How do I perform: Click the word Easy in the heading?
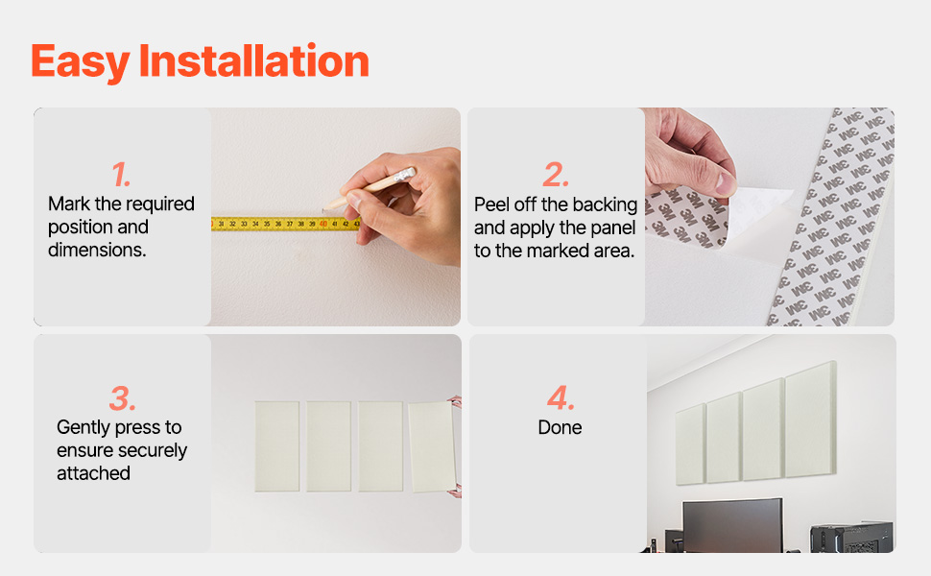point(81,62)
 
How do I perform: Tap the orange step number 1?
point(121,175)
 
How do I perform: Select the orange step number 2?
point(556,175)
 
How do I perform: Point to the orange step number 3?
point(122,398)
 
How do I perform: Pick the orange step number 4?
point(561,397)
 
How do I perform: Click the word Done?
point(560,427)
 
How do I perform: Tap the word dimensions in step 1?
point(97,250)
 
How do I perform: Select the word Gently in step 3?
point(84,428)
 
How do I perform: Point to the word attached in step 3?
point(93,473)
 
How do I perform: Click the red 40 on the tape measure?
point(323,224)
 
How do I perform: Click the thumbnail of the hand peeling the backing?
point(770,217)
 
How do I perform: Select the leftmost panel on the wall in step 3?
point(277,446)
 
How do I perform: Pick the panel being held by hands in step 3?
point(432,447)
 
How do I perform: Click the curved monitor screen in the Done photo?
point(732,526)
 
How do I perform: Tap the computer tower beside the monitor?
point(851,538)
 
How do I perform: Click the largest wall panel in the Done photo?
point(811,420)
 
